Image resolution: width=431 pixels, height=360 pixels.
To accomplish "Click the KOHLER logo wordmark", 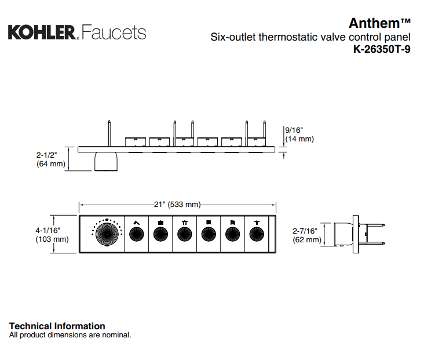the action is (42, 32).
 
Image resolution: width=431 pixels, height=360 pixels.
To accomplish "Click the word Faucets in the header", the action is (114, 32).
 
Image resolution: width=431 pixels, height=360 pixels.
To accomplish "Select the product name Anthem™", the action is (379, 23).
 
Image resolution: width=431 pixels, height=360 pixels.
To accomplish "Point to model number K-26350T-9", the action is (382, 49).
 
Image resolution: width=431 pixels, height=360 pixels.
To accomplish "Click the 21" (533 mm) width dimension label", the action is (177, 204).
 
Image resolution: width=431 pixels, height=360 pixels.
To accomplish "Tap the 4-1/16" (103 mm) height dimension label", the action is (52, 235).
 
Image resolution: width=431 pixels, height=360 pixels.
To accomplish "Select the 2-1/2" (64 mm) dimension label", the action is (51, 159).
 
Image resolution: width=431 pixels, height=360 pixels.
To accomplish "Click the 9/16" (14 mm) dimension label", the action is (299, 134).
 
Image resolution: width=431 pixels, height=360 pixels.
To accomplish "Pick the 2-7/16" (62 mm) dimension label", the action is (307, 235).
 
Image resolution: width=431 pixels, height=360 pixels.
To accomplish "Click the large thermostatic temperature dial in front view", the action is (107, 234).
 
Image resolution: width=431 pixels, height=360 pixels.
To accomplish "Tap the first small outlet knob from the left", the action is (137, 234).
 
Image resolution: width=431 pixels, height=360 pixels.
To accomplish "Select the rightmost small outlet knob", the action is (257, 234).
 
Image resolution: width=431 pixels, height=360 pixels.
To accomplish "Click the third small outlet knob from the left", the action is (184, 234).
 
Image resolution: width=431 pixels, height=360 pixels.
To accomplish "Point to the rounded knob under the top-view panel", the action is (106, 161).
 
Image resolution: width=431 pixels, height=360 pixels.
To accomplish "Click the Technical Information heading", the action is (57, 326).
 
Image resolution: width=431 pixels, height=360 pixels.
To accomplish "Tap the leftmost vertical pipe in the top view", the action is (109, 133).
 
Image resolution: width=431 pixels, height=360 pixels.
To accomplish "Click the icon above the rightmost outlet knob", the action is (257, 223).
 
